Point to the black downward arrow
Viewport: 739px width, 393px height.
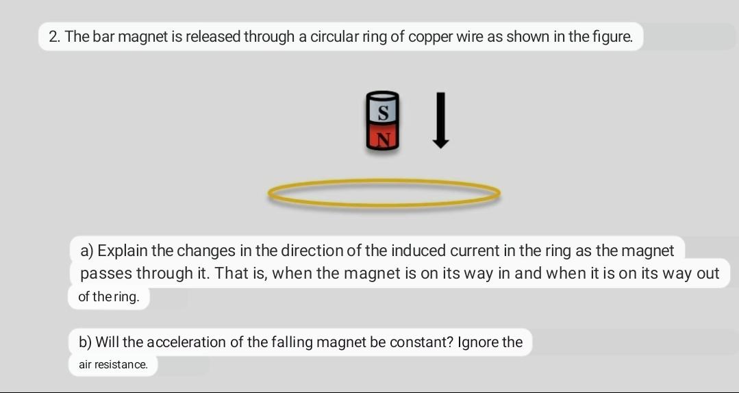click(x=441, y=120)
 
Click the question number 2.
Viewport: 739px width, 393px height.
click(x=54, y=37)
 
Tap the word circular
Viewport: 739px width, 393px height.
click(x=334, y=37)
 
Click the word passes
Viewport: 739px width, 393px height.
click(x=105, y=273)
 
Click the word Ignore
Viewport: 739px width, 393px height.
click(x=479, y=342)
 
